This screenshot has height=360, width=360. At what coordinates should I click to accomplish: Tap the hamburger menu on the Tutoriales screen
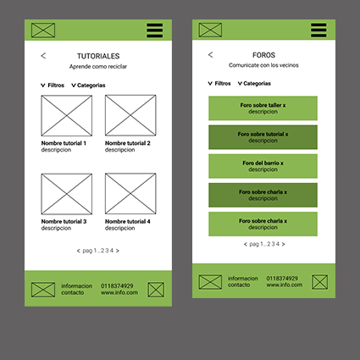tap(154, 30)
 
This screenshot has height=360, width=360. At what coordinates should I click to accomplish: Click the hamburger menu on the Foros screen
tap(318, 30)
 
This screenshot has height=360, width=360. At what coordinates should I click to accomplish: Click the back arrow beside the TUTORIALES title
tap(43, 56)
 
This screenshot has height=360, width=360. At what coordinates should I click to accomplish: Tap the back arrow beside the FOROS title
tap(210, 55)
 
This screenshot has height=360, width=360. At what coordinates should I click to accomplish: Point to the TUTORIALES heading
tap(98, 56)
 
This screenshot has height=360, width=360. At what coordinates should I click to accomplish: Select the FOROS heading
tap(263, 55)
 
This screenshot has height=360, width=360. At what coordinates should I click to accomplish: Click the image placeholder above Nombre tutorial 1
tap(67, 115)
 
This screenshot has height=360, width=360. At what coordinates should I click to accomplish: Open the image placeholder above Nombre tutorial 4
tap(130, 194)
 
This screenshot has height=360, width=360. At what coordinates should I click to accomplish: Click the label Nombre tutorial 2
tap(128, 143)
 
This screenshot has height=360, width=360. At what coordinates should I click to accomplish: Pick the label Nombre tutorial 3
tap(64, 221)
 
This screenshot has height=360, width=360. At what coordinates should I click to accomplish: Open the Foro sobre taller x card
tap(263, 108)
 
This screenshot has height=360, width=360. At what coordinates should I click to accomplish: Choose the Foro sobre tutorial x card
tap(263, 137)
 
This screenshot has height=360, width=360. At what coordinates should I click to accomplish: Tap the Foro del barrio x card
tap(263, 166)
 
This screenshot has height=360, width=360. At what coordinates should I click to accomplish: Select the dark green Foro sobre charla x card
tap(263, 195)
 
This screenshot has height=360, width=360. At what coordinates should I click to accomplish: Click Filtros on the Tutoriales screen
tap(53, 86)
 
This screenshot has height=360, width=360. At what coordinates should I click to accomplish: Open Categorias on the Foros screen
tap(254, 84)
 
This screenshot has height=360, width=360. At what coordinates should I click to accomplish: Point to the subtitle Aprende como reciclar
tap(98, 67)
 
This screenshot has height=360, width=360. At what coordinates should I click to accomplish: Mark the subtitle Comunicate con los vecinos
tap(263, 65)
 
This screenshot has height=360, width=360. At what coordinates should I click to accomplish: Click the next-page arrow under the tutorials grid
tap(118, 251)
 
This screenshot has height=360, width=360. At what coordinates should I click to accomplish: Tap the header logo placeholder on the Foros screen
tap(210, 30)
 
